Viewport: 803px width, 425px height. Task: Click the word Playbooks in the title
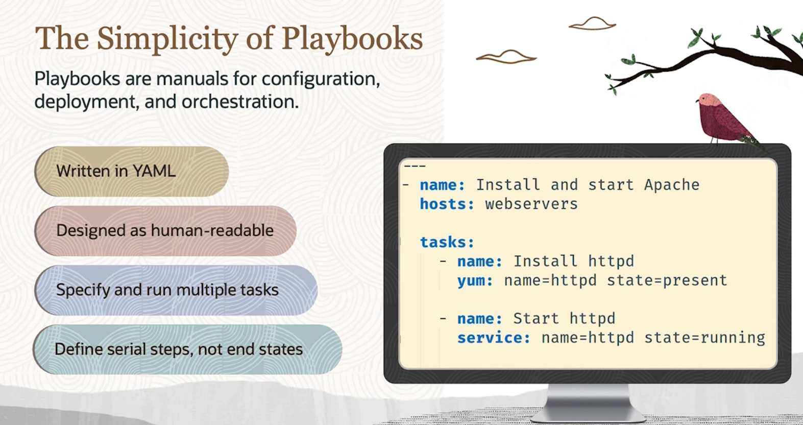(352, 39)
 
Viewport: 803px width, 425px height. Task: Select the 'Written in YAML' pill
(132, 171)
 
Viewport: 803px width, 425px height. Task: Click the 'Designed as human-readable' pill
(165, 230)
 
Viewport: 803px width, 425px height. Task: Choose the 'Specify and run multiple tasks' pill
(176, 290)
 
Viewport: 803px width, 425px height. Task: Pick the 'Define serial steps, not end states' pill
(187, 349)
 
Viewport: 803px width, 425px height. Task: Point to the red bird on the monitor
(724, 119)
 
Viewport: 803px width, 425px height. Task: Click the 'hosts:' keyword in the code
(447, 204)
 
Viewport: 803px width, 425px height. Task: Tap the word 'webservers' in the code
(531, 204)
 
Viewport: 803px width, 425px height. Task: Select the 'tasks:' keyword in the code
(447, 243)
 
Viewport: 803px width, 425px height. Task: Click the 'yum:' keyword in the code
(475, 281)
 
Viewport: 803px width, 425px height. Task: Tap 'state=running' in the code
(705, 338)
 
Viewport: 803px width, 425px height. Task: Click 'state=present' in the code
(667, 281)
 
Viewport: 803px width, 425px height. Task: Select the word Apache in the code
(672, 185)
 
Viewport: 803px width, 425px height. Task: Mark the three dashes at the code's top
(415, 166)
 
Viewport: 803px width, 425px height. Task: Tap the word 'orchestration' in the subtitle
(239, 102)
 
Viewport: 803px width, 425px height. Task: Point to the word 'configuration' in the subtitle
(321, 79)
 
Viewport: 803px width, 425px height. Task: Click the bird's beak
(697, 101)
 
